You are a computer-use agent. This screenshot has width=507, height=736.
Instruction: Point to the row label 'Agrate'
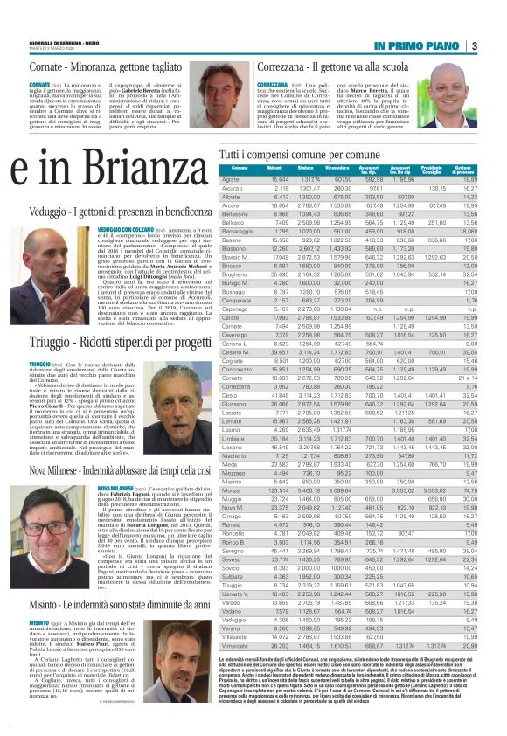click(233, 179)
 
